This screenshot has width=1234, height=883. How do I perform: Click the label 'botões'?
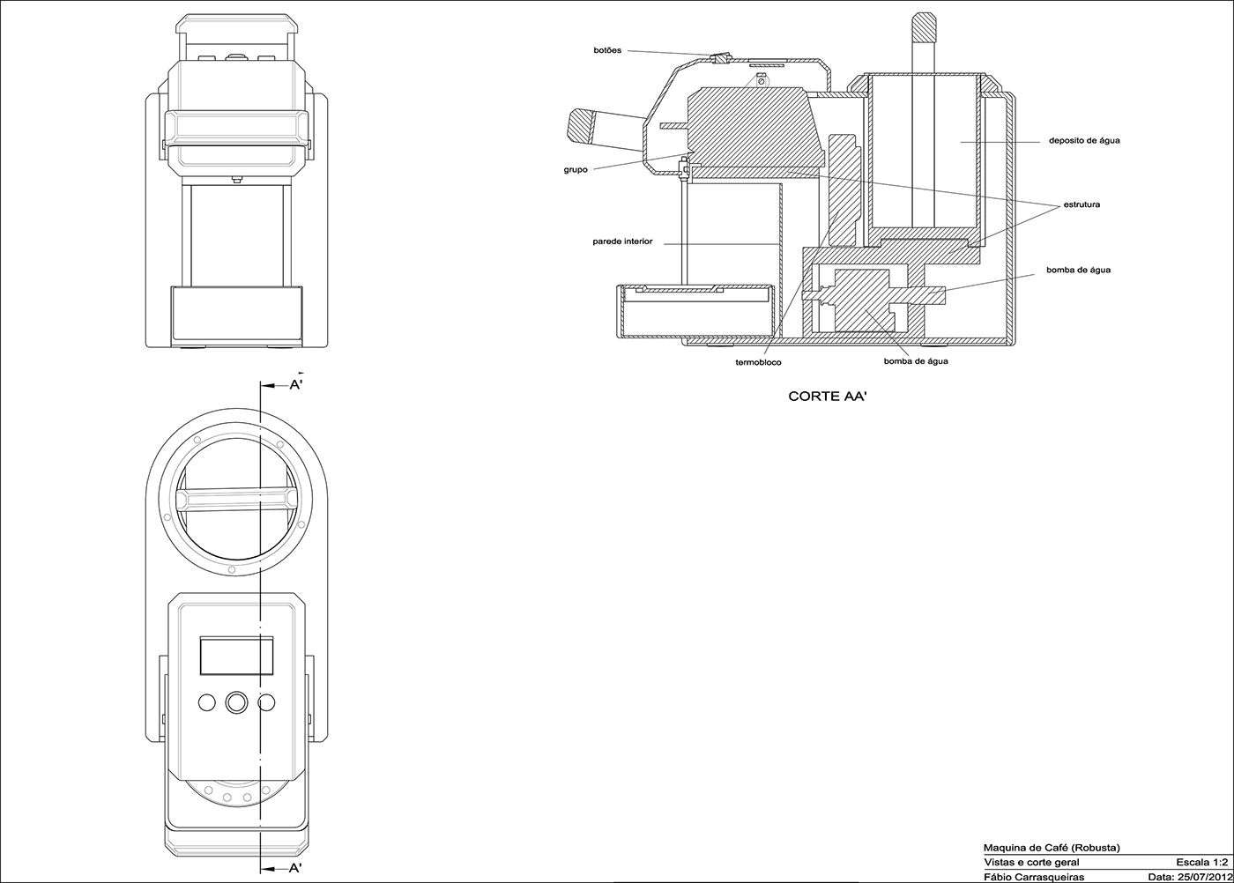tap(607, 50)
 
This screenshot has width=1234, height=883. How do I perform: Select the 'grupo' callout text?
tap(576, 170)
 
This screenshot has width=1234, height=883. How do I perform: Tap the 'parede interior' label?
tap(622, 241)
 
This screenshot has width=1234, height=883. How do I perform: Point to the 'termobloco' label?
tap(758, 362)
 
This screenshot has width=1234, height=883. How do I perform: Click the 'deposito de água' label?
tap(1084, 140)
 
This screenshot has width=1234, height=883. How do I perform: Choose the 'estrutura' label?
tap(1081, 204)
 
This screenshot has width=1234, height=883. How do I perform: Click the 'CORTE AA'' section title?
tap(828, 397)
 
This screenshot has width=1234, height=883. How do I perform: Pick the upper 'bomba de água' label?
tap(1078, 270)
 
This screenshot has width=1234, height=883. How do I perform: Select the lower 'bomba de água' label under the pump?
tap(916, 361)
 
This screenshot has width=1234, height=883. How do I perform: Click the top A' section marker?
tap(296, 385)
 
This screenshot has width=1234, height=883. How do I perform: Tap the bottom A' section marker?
tap(296, 868)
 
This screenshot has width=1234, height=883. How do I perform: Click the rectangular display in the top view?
tap(235, 657)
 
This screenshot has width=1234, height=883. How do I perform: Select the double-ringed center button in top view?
tap(237, 702)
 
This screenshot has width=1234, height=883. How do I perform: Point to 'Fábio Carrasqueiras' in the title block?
tap(1033, 876)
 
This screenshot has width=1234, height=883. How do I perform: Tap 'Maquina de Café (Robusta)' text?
tap(1051, 848)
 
